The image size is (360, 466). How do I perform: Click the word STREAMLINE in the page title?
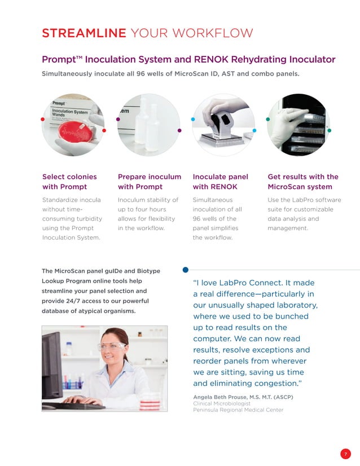pos(84,33)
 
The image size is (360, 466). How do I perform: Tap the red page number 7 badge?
pos(345,454)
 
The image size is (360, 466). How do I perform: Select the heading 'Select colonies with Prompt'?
pos(69,182)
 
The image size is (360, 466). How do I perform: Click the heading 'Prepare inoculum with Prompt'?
pos(149,182)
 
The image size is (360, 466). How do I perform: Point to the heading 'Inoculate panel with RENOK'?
pos(220,182)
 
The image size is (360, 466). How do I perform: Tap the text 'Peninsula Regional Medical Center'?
pos(238,410)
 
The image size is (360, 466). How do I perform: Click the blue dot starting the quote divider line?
pos(186,270)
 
